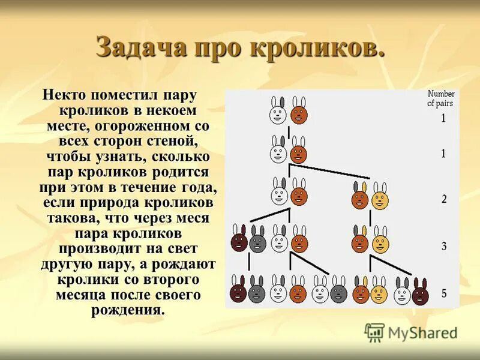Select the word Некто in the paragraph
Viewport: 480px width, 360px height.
click(x=63, y=96)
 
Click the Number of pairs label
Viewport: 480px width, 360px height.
click(x=440, y=98)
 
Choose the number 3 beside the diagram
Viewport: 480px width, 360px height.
click(x=443, y=246)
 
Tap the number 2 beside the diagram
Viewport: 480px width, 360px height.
click(x=443, y=200)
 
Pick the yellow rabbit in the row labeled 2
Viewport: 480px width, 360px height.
click(x=379, y=197)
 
